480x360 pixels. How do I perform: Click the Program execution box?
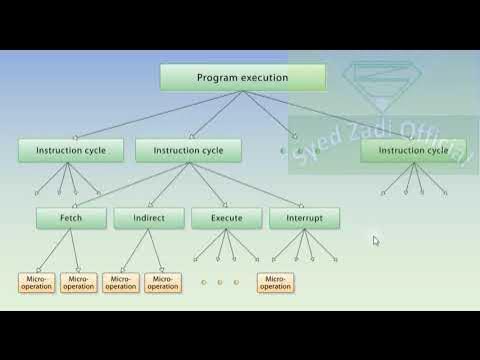click(x=242, y=78)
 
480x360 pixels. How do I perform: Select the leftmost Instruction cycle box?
click(x=70, y=151)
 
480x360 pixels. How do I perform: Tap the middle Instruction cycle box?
click(x=188, y=151)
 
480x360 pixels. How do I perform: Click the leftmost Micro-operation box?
click(x=36, y=282)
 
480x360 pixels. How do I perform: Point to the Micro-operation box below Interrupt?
click(x=275, y=282)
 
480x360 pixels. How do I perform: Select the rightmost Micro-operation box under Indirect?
click(x=162, y=282)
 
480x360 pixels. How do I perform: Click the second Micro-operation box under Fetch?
click(x=78, y=282)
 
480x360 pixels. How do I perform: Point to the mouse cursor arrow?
click(x=376, y=240)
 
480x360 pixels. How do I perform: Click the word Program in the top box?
click(x=216, y=78)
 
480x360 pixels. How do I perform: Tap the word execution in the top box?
click(x=263, y=78)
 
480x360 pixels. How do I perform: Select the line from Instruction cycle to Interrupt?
click(x=245, y=185)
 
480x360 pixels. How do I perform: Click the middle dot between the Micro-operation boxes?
click(x=220, y=282)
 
